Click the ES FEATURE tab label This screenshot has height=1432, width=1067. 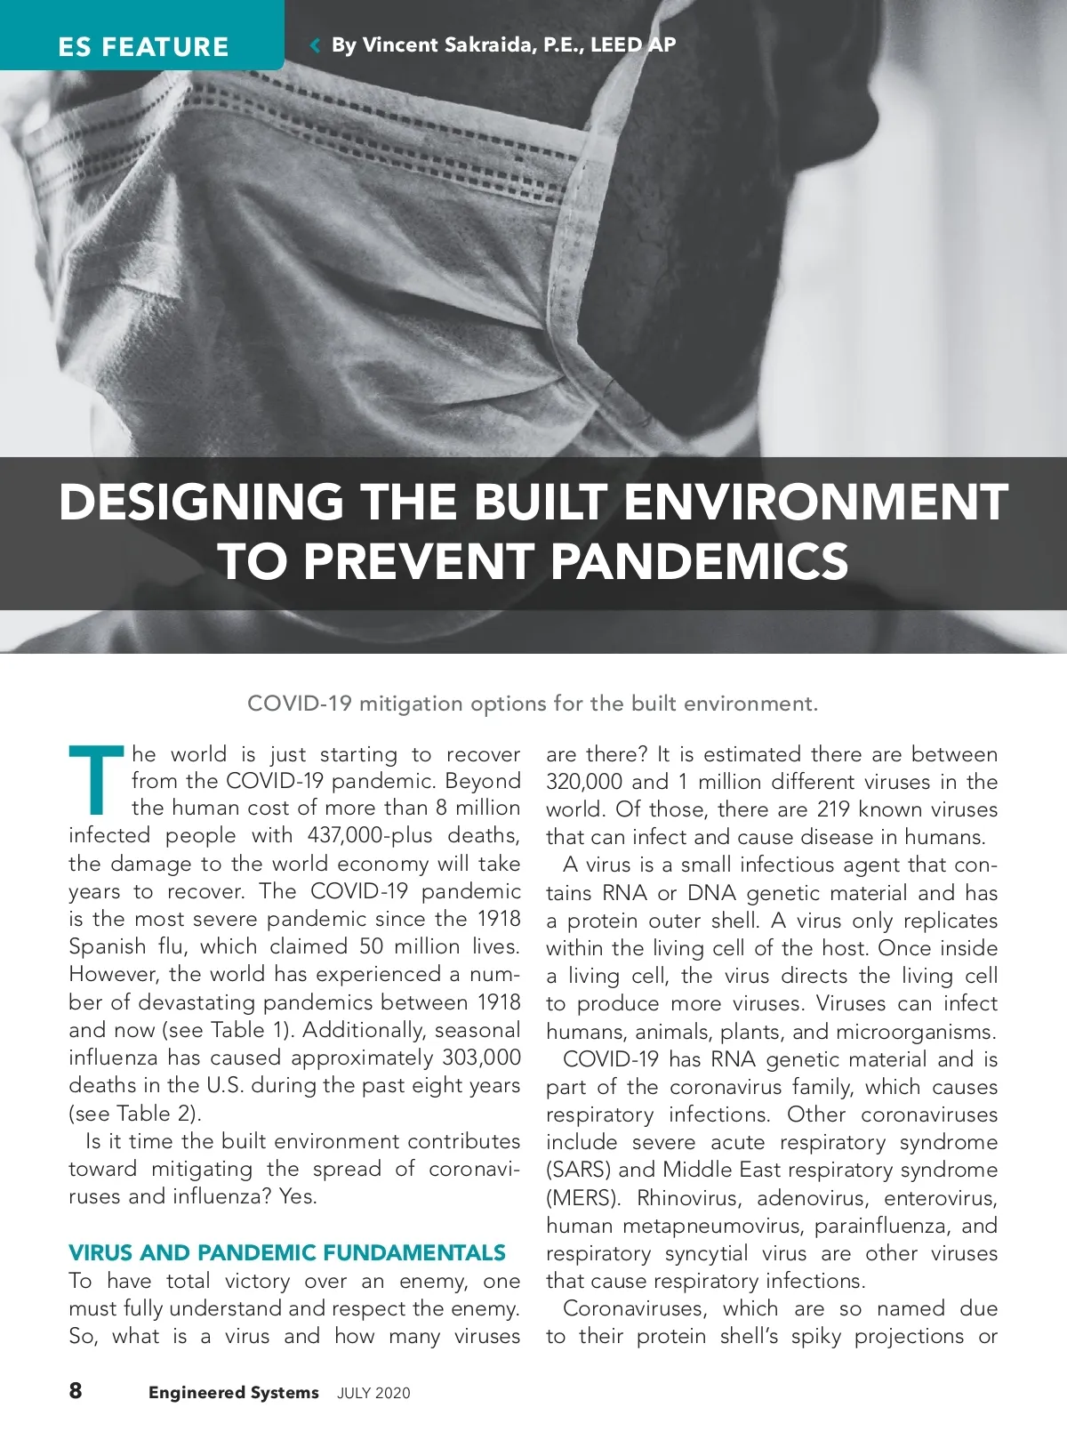[143, 46]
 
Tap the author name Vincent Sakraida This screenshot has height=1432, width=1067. [445, 44]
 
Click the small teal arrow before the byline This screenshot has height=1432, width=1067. [314, 44]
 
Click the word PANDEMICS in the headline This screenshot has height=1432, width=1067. [699, 561]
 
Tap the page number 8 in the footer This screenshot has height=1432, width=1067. [76, 1390]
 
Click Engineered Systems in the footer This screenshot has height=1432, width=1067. [233, 1393]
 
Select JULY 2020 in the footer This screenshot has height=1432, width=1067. [373, 1393]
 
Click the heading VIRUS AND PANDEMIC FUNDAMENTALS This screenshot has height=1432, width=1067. [287, 1253]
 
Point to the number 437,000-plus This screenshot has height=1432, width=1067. [370, 835]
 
